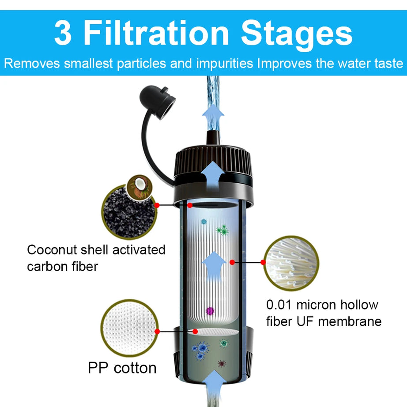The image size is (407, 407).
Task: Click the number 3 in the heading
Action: click(63, 34)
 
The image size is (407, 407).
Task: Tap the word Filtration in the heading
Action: click(155, 34)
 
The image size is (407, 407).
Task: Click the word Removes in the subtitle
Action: click(32, 63)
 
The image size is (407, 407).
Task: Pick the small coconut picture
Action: click(139, 187)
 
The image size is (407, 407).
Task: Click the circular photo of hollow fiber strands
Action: click(291, 263)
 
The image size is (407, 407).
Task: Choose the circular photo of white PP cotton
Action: click(128, 327)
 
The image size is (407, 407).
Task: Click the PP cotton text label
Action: click(122, 367)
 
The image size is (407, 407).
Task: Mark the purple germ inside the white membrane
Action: click(209, 312)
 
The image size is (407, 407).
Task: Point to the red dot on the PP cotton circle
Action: click(157, 331)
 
